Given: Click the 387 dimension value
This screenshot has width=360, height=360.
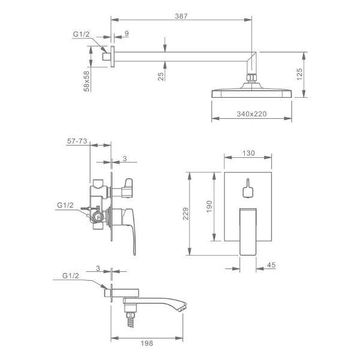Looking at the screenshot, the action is [x=181, y=16].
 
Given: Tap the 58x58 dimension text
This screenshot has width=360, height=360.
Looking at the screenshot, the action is [x=86, y=81].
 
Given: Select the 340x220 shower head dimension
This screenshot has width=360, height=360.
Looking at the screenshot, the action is [x=251, y=114].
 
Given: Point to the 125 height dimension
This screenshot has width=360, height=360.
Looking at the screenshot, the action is [x=299, y=74].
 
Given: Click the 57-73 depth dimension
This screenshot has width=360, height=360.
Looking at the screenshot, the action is [x=77, y=141].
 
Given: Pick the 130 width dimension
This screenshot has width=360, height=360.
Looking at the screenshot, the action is [x=248, y=153].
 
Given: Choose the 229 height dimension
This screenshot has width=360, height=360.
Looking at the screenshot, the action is [x=186, y=214].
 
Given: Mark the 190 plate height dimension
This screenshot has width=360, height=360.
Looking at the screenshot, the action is [x=209, y=206].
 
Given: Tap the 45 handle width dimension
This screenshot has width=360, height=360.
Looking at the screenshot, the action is [x=271, y=265].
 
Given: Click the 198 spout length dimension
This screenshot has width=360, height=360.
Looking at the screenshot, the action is [x=147, y=343].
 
